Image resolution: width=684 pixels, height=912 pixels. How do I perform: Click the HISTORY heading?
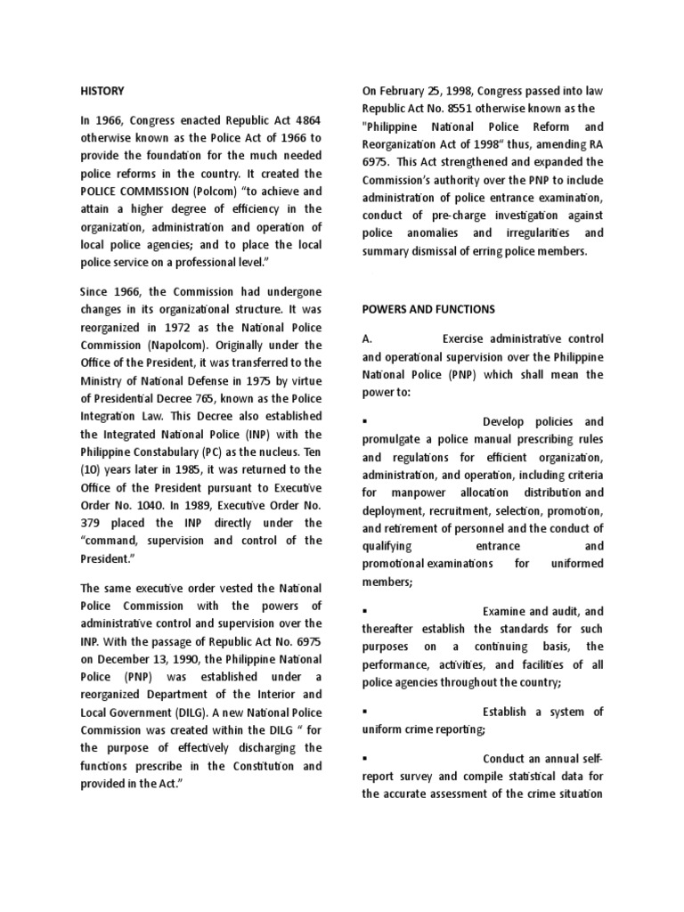click(102, 91)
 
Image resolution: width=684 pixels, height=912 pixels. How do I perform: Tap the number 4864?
click(305, 120)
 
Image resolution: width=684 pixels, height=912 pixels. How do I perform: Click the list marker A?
click(365, 339)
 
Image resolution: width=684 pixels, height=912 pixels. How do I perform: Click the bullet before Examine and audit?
click(365, 611)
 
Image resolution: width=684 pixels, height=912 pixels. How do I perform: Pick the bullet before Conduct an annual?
click(365, 758)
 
